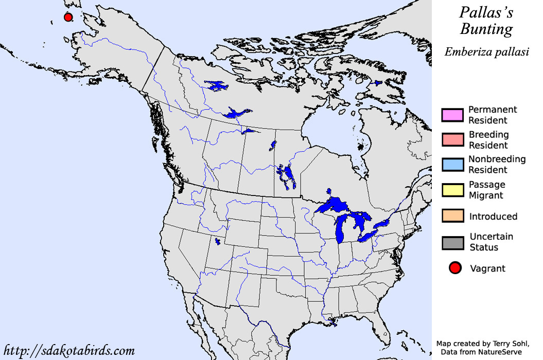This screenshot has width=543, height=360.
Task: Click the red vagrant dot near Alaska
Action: point(67,17)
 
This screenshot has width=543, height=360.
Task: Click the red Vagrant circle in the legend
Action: point(454,268)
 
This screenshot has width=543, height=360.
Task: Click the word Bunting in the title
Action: point(486,30)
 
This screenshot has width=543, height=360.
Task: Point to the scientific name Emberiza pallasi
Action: point(487,51)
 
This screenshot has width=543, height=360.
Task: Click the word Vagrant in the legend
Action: point(487,268)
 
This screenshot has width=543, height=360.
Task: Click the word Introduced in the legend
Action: point(493,217)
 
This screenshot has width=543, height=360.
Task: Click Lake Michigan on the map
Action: point(341,229)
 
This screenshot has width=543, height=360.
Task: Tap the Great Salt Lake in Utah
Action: point(218,240)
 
